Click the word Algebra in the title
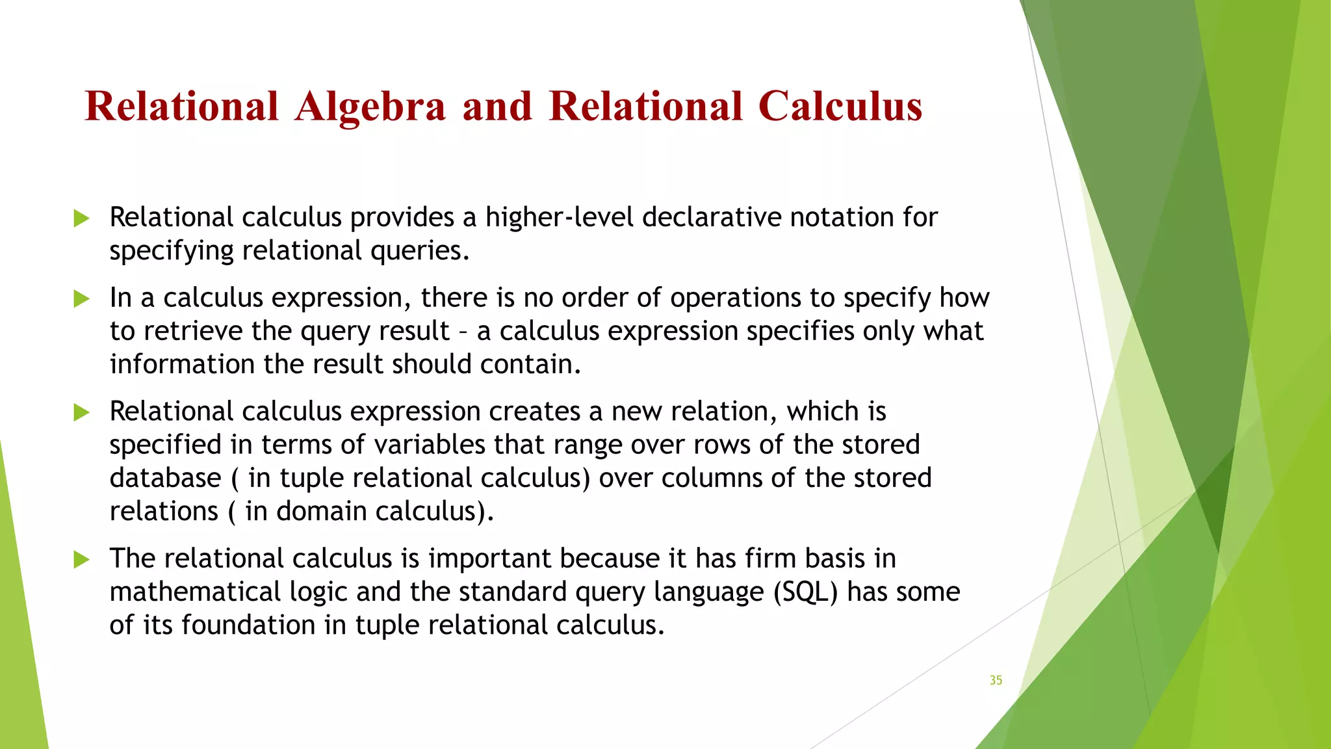point(370,107)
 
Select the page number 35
point(996,680)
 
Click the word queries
point(420,251)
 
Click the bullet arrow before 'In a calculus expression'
point(81,299)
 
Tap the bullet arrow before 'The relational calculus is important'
point(81,559)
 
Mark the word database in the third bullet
point(166,479)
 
